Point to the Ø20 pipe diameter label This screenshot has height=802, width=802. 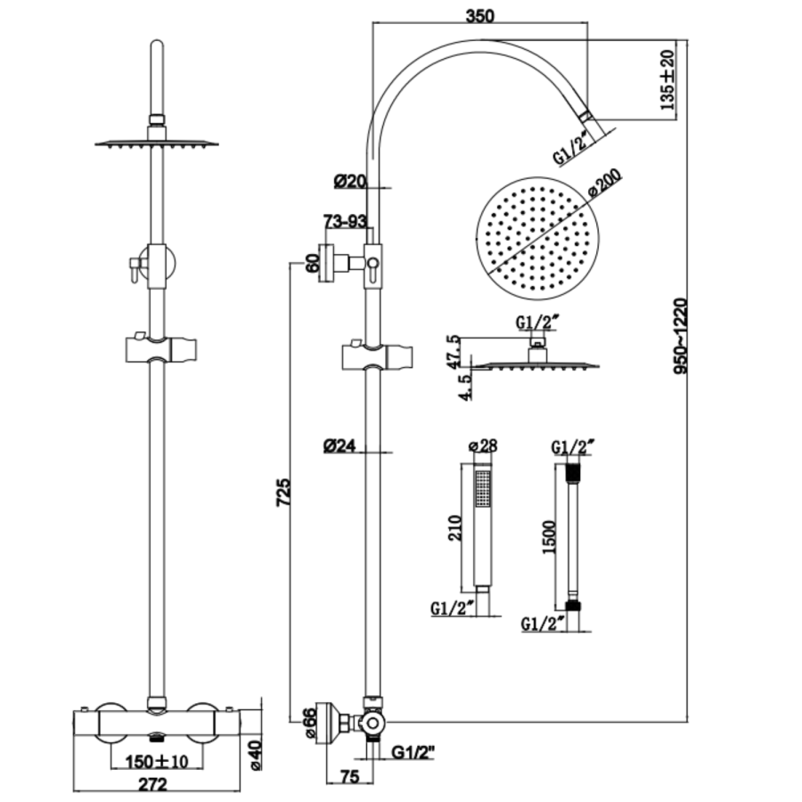click(x=350, y=181)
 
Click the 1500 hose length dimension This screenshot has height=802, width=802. click(x=550, y=537)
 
